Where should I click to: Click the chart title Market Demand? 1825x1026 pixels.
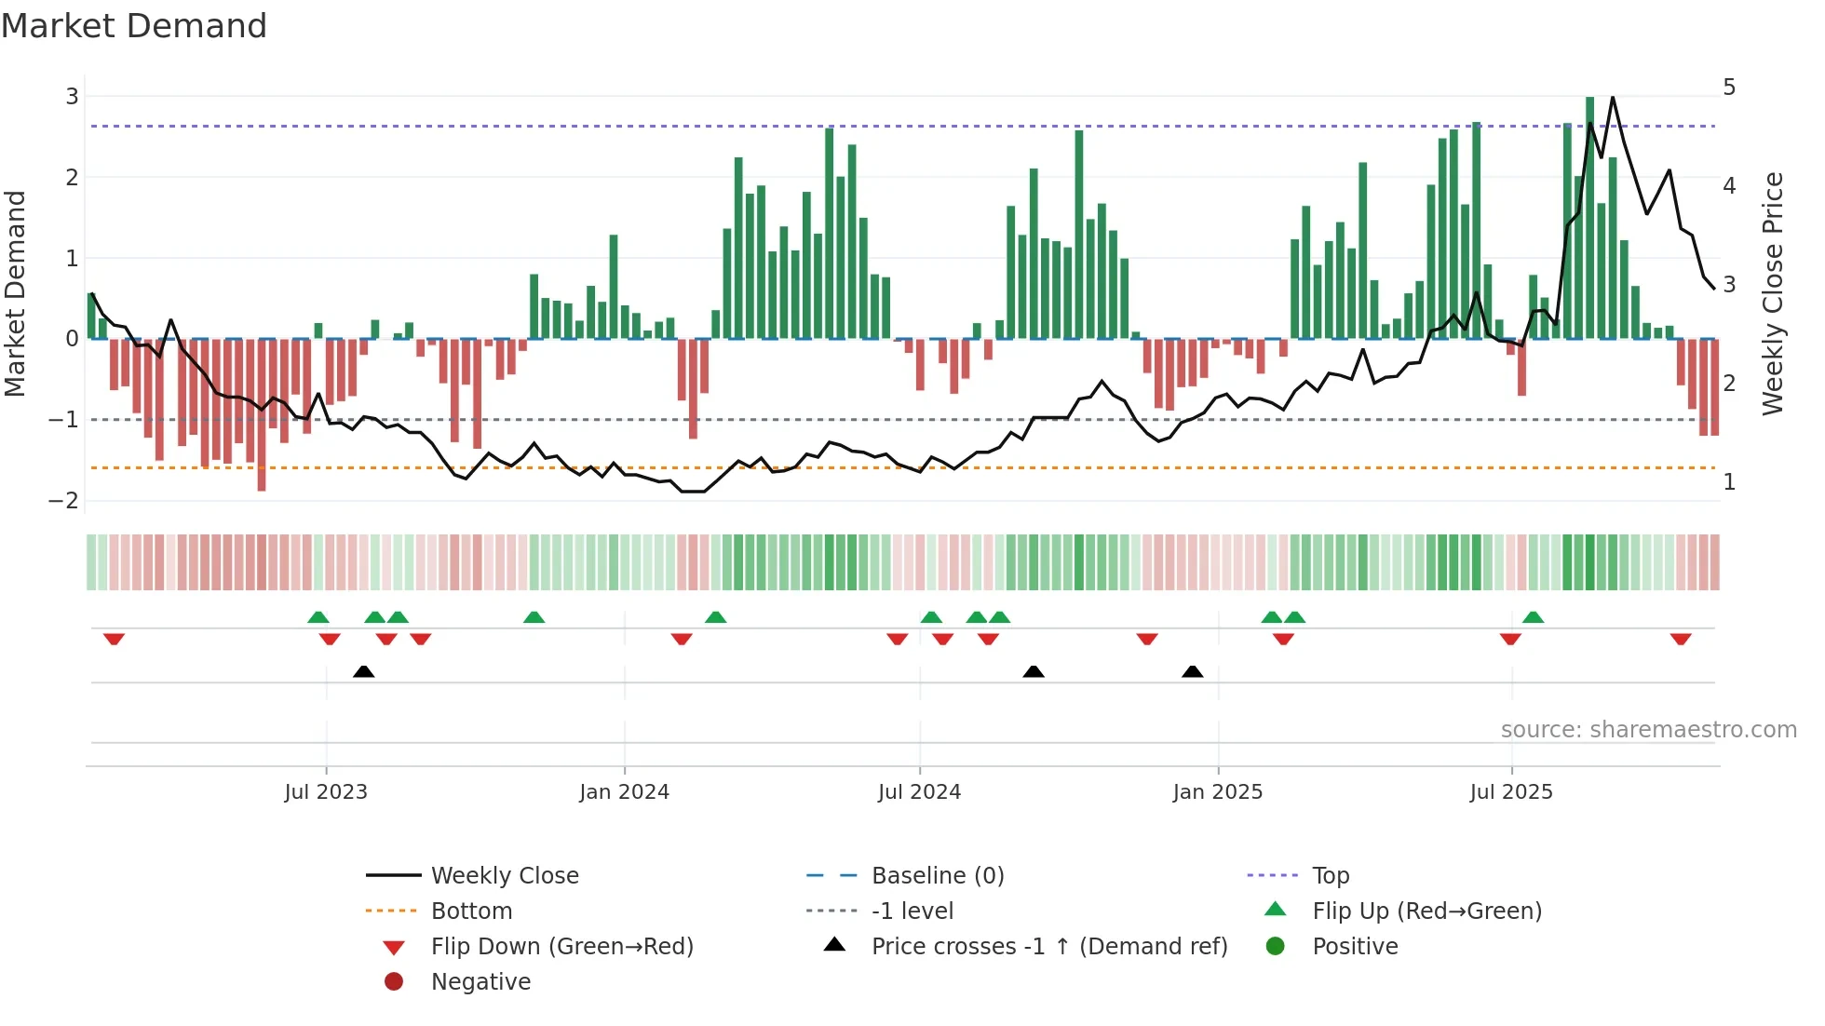(x=134, y=26)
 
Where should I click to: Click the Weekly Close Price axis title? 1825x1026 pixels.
(x=1773, y=293)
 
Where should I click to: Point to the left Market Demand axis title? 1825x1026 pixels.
(x=15, y=293)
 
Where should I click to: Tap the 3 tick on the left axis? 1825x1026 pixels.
(x=72, y=96)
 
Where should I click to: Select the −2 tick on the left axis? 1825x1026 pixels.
(x=64, y=500)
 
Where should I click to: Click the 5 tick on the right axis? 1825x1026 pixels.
(x=1729, y=88)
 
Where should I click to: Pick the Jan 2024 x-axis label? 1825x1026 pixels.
(x=624, y=791)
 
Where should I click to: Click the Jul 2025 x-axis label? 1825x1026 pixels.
(x=1511, y=791)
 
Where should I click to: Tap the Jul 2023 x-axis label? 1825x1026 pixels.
(x=326, y=791)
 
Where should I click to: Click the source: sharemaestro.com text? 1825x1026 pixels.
(x=1648, y=729)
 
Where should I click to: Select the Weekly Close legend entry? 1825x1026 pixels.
(x=504, y=875)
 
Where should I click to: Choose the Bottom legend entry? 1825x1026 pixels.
(x=471, y=911)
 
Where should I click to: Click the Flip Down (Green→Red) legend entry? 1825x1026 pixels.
(x=561, y=946)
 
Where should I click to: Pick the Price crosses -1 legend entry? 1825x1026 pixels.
(x=1048, y=946)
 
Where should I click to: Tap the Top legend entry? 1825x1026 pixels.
(x=1331, y=875)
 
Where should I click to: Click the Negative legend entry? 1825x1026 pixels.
(x=480, y=981)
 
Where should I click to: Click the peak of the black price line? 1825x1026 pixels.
(x=1613, y=97)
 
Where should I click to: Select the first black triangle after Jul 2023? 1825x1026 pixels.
(x=364, y=671)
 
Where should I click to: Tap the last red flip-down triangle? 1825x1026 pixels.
(x=1681, y=639)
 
